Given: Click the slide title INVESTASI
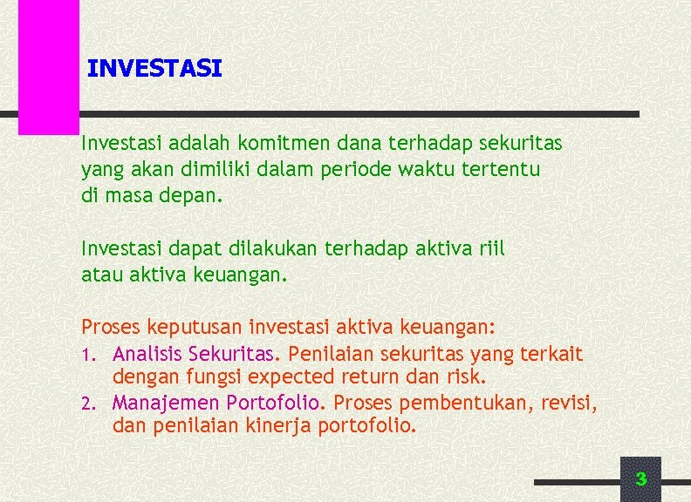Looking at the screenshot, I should pyautogui.click(x=155, y=68).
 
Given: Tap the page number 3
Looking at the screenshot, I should pyautogui.click(x=641, y=478).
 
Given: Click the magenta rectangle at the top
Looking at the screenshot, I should pyautogui.click(x=49, y=65).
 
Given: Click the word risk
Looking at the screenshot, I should pyautogui.click(x=468, y=377).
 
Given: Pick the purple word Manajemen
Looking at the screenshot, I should pyautogui.click(x=166, y=404).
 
